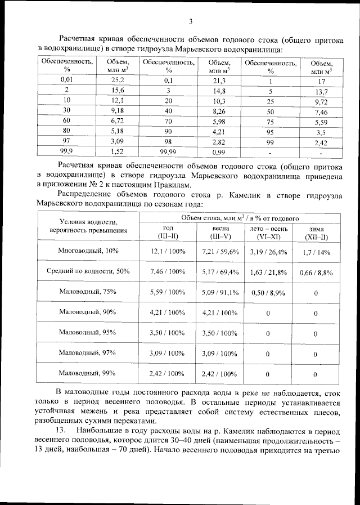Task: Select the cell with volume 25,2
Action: click(x=118, y=81)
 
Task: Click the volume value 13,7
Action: click(x=321, y=92)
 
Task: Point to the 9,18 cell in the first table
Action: click(x=118, y=111)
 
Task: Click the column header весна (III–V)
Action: click(x=219, y=232)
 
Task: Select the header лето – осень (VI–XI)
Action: click(x=268, y=232)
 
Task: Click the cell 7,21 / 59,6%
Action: click(x=220, y=251)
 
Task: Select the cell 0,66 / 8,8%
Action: click(x=315, y=272)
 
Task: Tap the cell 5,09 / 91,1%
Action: click(x=220, y=292)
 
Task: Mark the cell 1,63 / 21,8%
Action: click(x=268, y=272)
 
